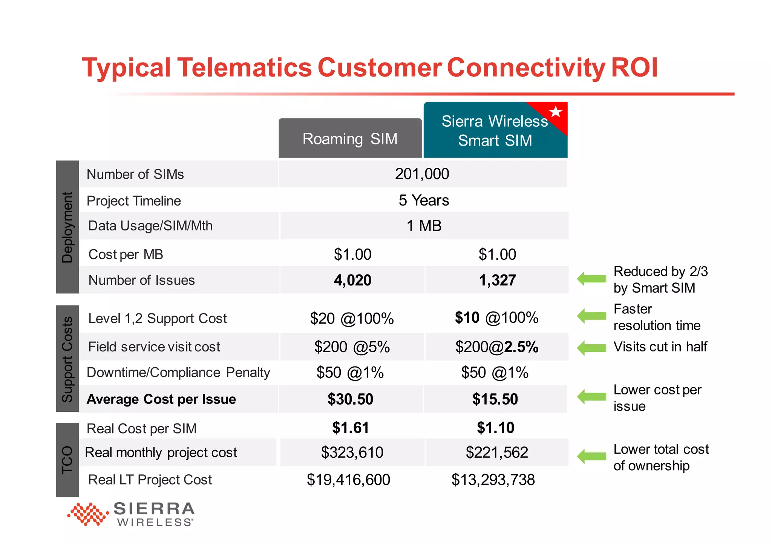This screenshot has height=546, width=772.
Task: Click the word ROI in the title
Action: coord(634,68)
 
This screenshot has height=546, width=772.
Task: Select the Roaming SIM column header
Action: coord(350,139)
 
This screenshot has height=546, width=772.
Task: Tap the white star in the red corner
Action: coord(555,112)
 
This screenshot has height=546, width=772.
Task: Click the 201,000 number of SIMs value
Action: coord(422,174)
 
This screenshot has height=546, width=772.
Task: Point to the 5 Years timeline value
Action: coord(424,200)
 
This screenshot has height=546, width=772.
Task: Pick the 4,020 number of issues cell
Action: coord(352,280)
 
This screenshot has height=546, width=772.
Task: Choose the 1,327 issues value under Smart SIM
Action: coord(497,280)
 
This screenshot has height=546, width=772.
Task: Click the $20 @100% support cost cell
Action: coord(352,319)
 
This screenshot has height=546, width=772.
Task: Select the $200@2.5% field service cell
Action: coord(496,347)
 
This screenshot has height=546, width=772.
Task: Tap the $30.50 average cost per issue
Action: coord(350,399)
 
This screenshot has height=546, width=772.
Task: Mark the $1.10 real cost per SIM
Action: coord(495,428)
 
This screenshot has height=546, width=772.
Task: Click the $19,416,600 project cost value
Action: coord(348,480)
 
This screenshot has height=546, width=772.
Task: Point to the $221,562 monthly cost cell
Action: coord(496,452)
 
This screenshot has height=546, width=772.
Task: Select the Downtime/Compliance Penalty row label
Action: coord(178,373)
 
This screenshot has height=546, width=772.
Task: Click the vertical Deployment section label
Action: coord(67,227)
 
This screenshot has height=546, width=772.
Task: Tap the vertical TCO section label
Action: coord(67,460)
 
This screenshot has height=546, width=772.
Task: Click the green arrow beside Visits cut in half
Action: coord(591,347)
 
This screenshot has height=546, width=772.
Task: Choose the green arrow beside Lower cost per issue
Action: coord(591,396)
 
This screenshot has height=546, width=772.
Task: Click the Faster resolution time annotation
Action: coord(657,317)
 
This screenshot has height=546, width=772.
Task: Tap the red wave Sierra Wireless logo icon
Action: coord(88,514)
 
